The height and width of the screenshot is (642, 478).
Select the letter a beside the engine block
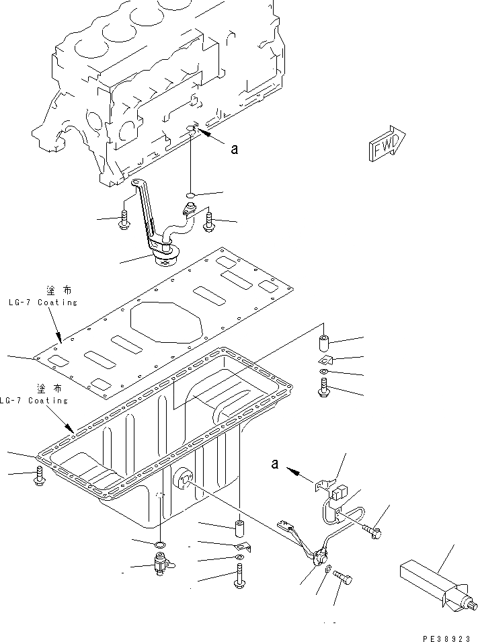[234, 149]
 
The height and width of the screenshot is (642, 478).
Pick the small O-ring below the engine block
[190, 195]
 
